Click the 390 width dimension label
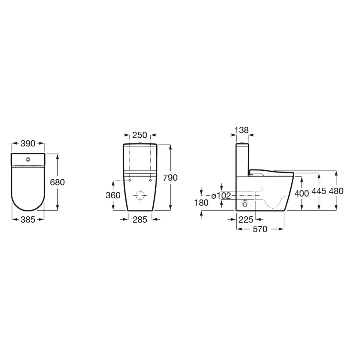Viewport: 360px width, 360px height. [28, 143]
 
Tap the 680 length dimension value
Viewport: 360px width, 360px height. [57, 182]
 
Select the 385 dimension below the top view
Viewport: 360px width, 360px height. [28, 220]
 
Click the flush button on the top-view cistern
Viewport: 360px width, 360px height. [28, 159]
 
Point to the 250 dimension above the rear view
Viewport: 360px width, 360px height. [140, 135]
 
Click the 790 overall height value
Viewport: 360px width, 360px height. [170, 178]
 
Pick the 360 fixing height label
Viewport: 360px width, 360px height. [113, 195]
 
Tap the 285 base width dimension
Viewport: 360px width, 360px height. [140, 220]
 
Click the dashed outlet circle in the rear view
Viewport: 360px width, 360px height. [140, 195]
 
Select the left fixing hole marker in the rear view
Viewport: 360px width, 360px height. [130, 180]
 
